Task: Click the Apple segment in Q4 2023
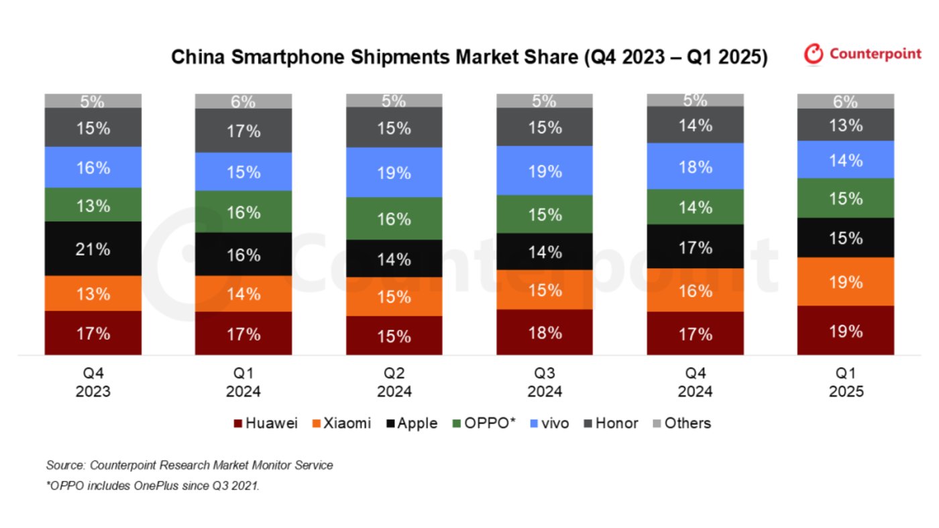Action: point(93,249)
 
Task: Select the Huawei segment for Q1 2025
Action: point(845,330)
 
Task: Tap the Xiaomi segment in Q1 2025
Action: point(845,281)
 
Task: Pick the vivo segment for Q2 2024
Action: point(394,172)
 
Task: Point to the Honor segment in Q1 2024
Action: point(243,131)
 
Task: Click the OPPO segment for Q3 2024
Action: point(544,214)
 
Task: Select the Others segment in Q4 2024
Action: point(695,101)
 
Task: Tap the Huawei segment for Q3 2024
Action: point(544,332)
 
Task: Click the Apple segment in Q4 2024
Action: point(695,247)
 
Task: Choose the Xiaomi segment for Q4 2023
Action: point(93,293)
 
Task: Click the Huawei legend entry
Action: point(266,423)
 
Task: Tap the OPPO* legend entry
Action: point(484,423)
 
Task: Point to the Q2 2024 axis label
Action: point(394,382)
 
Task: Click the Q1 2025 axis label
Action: point(845,382)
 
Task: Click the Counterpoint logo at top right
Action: point(863,54)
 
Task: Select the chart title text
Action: point(469,57)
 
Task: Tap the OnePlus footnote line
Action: point(152,486)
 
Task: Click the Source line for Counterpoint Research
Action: point(189,465)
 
